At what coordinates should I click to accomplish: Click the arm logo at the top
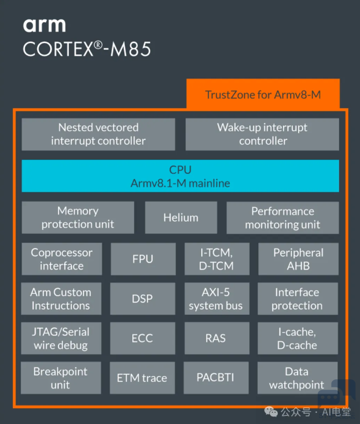[x=44, y=26]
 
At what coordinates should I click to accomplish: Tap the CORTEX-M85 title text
[x=87, y=49]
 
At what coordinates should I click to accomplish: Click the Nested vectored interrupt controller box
[x=98, y=134]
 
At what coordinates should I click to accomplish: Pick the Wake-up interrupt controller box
[x=262, y=134]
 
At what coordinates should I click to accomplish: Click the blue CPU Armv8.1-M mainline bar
[x=180, y=176]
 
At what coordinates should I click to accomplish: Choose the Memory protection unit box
[x=78, y=217]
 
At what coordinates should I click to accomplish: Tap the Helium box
[x=181, y=217]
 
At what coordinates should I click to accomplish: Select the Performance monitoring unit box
[x=283, y=218]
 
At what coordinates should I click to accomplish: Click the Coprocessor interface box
[x=62, y=259]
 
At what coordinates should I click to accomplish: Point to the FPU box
[x=143, y=259]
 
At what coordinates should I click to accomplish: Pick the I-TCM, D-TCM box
[x=217, y=259]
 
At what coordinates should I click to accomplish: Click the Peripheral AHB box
[x=298, y=259]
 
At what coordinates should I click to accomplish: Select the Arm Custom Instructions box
[x=61, y=299]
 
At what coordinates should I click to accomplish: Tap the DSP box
[x=143, y=299]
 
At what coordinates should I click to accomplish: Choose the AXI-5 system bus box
[x=217, y=299]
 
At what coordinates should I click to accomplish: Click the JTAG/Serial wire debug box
[x=61, y=338]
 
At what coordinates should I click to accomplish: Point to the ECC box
[x=143, y=338]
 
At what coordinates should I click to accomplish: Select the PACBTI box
[x=216, y=378]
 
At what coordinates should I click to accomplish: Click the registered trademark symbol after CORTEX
[x=98, y=45]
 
